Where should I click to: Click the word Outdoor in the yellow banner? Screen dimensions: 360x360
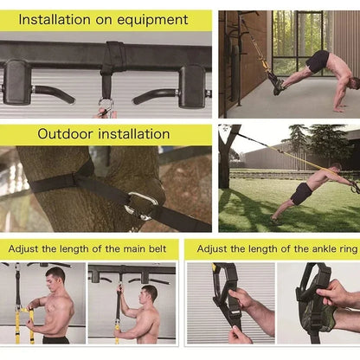[x=68, y=134]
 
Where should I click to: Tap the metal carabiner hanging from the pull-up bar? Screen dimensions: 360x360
[x=106, y=106]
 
